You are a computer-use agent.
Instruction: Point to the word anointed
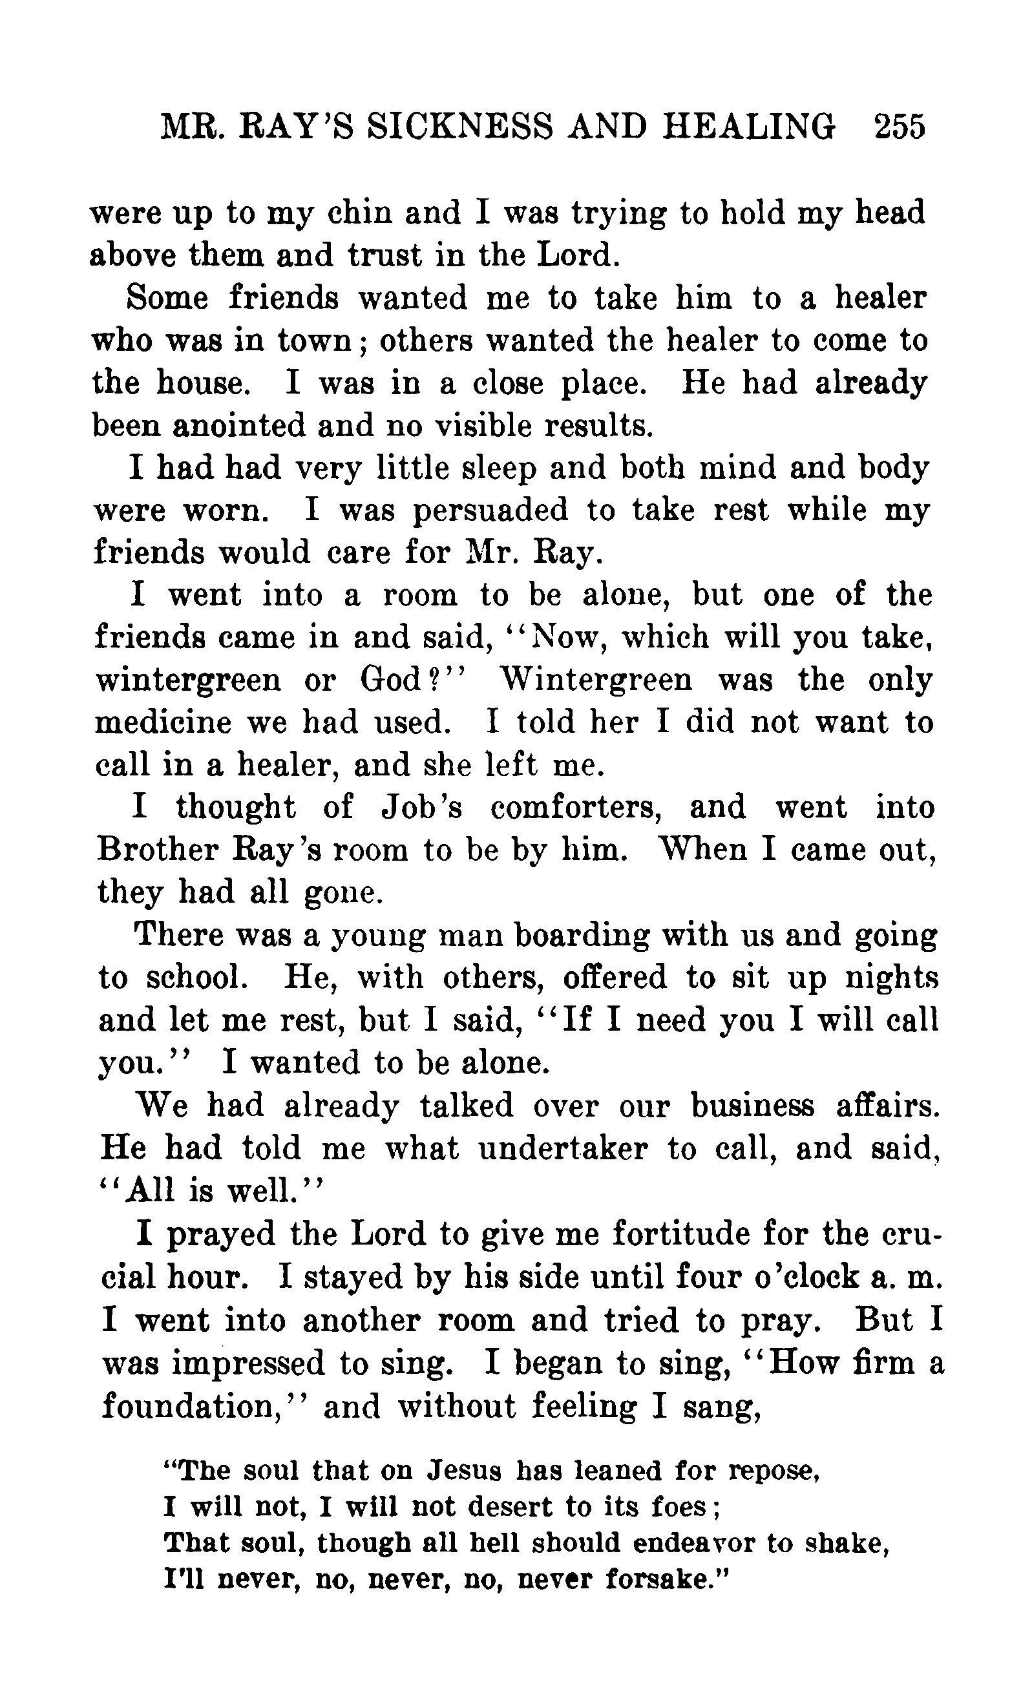click(238, 426)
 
